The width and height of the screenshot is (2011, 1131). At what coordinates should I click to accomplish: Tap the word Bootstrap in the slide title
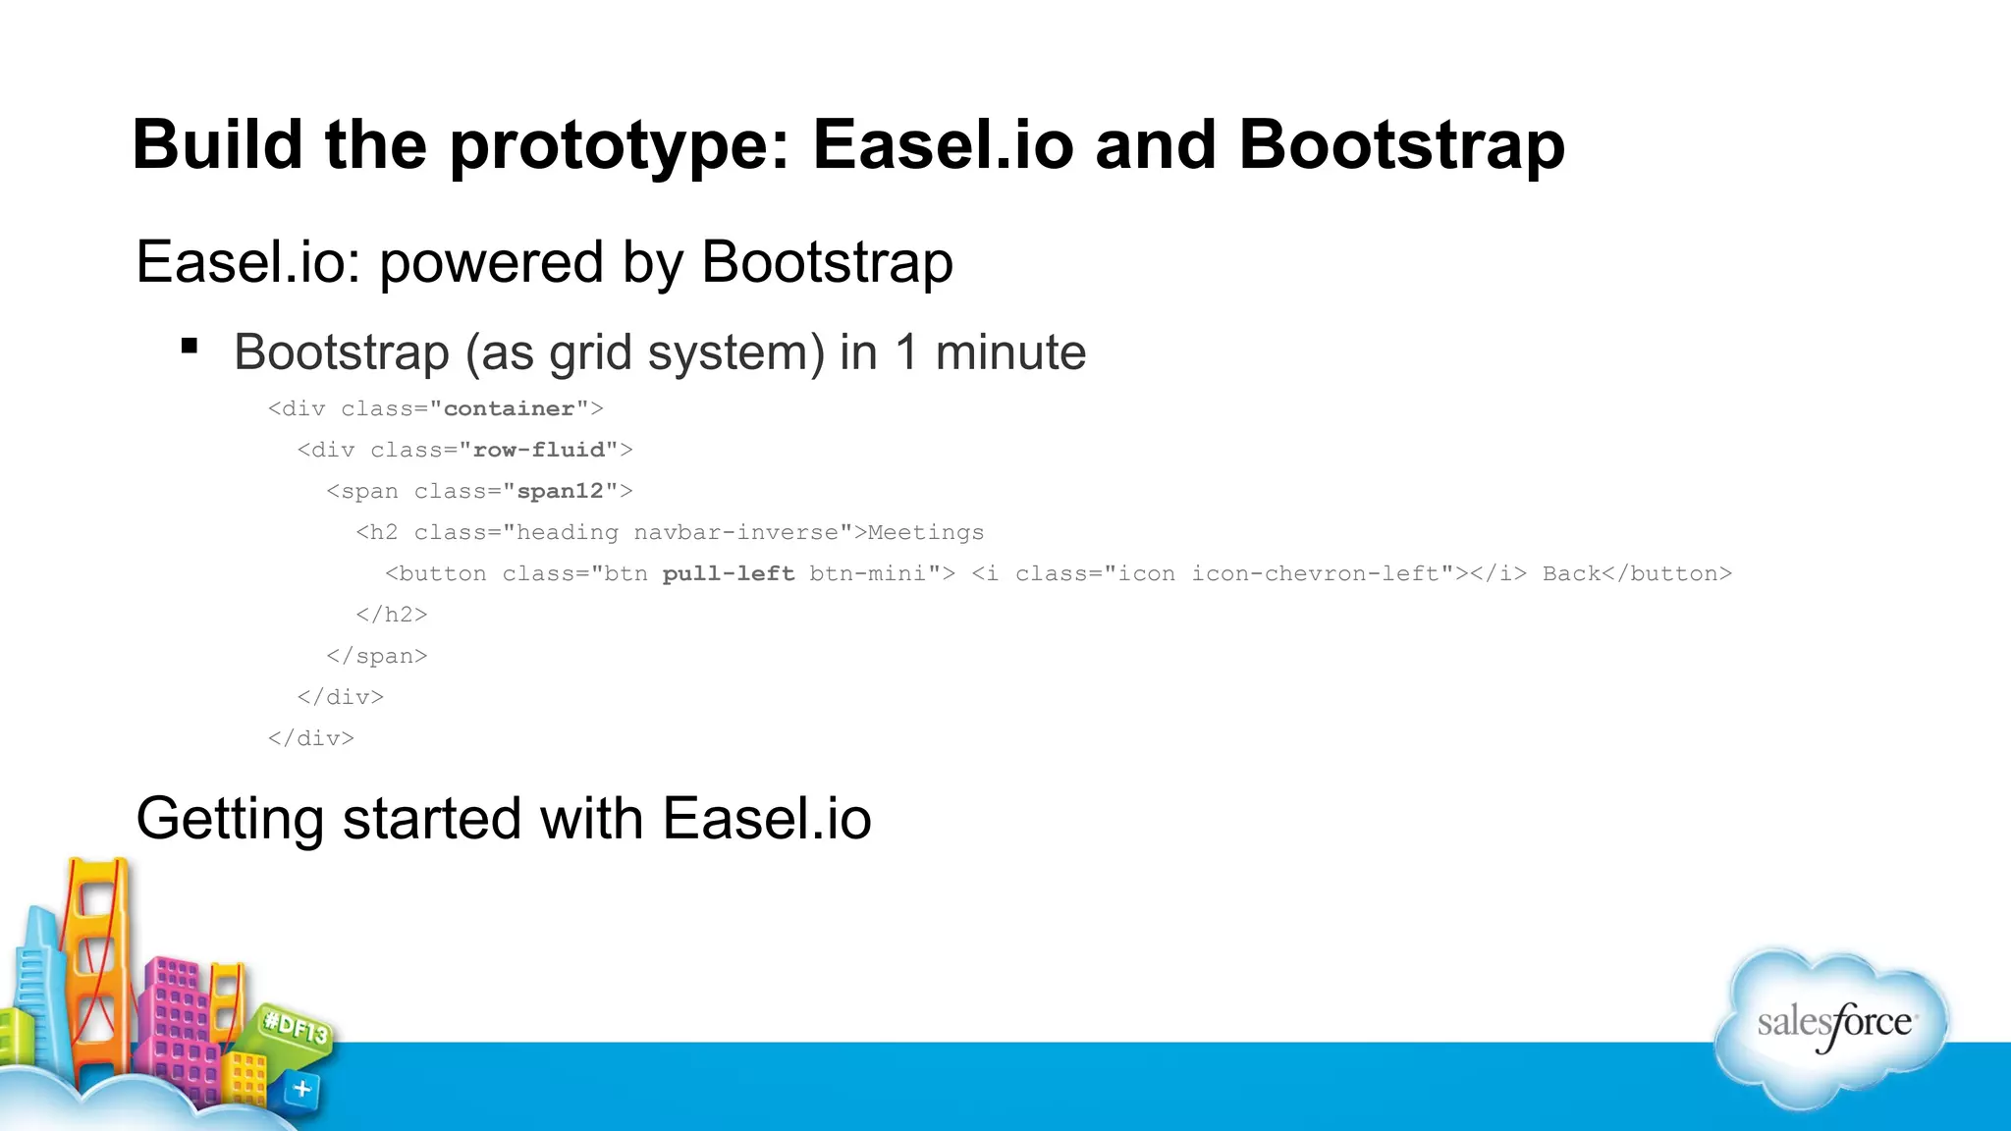pyautogui.click(x=1401, y=145)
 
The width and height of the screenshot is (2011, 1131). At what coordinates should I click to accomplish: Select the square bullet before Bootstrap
pyautogui.click(x=190, y=346)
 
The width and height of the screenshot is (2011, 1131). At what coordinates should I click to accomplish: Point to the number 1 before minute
pyautogui.click(x=907, y=352)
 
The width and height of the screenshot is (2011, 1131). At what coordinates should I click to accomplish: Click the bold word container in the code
pyautogui.click(x=509, y=408)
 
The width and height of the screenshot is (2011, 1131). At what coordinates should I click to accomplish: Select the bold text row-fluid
pyautogui.click(x=538, y=450)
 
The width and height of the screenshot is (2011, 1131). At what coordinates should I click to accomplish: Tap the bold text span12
pyautogui.click(x=560, y=491)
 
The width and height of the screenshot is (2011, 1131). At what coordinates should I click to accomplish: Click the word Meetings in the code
pyautogui.click(x=925, y=532)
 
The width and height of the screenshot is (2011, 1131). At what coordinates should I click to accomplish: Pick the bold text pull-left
pyautogui.click(x=728, y=573)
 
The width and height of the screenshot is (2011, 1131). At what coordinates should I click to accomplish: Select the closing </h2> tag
pyautogui.click(x=392, y=615)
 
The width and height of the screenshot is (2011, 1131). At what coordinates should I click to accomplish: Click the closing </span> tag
pyautogui.click(x=377, y=656)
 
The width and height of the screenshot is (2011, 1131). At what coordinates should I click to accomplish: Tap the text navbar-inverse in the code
pyautogui.click(x=735, y=532)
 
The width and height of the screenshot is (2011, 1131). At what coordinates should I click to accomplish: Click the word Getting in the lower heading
pyautogui.click(x=230, y=819)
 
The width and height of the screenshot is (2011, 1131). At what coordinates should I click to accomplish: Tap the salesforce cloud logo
pyautogui.click(x=1832, y=1026)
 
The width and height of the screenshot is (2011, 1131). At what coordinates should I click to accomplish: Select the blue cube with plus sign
pyautogui.click(x=302, y=1089)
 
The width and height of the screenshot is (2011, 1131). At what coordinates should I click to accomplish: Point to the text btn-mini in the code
pyautogui.click(x=867, y=573)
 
